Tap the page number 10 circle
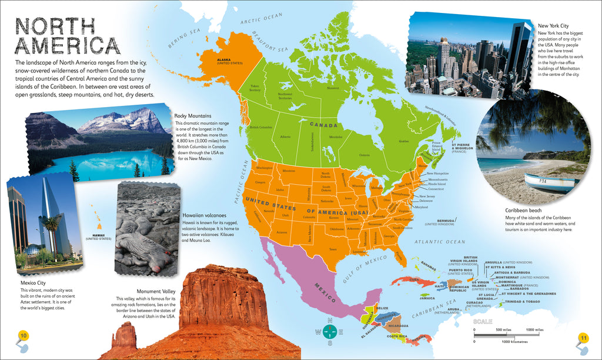pyautogui.click(x=24, y=336)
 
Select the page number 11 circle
pyautogui.click(x=583, y=338)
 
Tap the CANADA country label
pyautogui.click(x=320, y=125)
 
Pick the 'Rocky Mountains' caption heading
pyautogui.click(x=192, y=115)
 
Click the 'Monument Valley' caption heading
pyautogui.click(x=156, y=291)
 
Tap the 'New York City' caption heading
pyautogui.click(x=553, y=26)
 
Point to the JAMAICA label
pyautogui.click(x=427, y=298)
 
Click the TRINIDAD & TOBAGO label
pyautogui.click(x=520, y=302)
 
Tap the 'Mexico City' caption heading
pyautogui.click(x=33, y=283)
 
